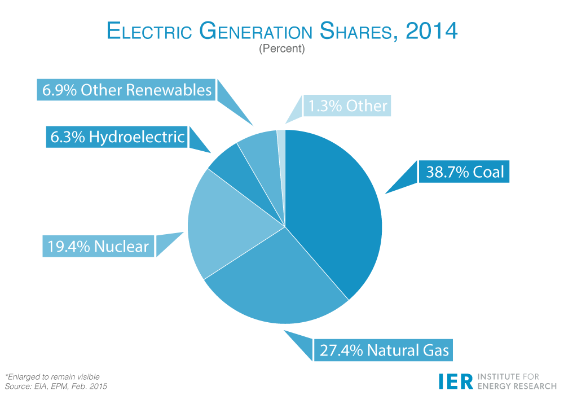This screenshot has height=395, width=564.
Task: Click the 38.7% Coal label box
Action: (464, 172)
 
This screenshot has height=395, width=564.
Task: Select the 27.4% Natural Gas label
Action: (384, 350)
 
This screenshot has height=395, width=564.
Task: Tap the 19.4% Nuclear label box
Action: (98, 246)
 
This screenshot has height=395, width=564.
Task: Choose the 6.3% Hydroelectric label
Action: (117, 137)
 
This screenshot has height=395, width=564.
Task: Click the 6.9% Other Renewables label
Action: (126, 90)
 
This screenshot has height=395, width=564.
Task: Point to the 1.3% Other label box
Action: (347, 106)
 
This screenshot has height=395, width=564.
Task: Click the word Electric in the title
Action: (149, 31)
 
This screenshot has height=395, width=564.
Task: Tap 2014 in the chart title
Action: (431, 31)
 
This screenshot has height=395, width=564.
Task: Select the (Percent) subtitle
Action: (282, 49)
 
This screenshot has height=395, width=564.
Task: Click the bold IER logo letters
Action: (456, 381)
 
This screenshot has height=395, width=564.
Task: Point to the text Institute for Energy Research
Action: (517, 381)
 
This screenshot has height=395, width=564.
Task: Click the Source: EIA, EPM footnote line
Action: (56, 387)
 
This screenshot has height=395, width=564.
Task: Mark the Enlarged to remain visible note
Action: (52, 376)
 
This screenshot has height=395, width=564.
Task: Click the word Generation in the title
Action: (255, 31)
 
